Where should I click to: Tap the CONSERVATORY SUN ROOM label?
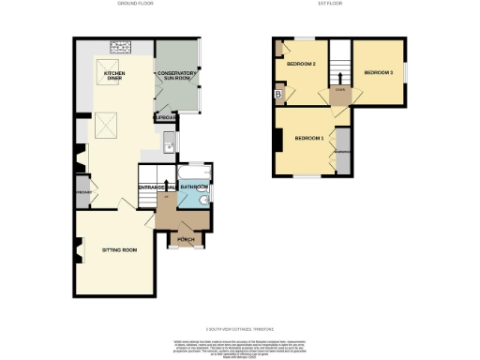176,76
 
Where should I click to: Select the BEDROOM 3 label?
378,72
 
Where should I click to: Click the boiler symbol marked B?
279,94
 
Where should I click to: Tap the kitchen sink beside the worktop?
167,142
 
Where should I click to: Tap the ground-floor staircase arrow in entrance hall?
166,186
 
